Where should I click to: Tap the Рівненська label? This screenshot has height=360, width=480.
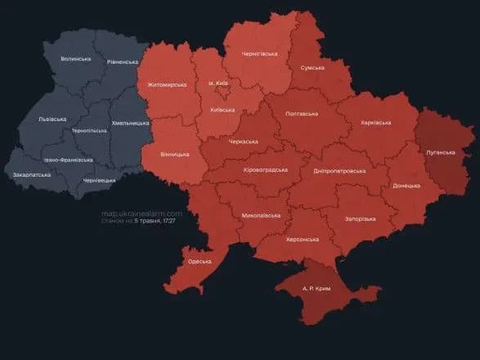[x=123, y=62]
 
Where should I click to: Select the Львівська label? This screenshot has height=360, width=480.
[x=52, y=119]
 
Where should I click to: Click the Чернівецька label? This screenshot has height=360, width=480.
[x=99, y=180]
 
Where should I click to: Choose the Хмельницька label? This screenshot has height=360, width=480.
[x=130, y=123]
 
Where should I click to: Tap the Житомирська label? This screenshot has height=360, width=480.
[x=167, y=84]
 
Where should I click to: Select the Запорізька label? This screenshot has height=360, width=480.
[x=360, y=219]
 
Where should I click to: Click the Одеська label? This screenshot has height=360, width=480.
[x=199, y=261]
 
